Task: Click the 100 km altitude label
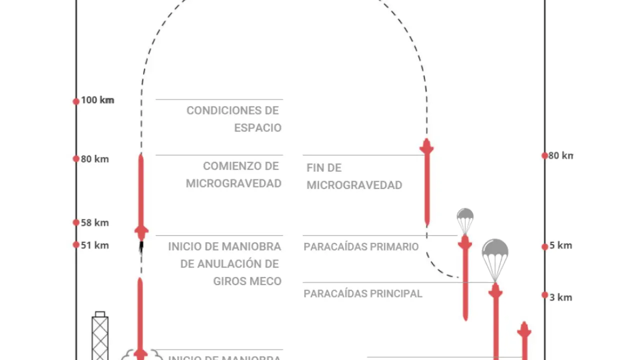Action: pos(97,100)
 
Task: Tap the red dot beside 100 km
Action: pos(76,101)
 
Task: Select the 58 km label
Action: pos(95,223)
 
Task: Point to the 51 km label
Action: pos(95,245)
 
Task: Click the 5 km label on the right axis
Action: pos(560,245)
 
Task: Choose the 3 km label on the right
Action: pos(560,297)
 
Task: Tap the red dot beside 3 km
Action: pos(545,295)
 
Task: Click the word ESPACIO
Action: pos(257,128)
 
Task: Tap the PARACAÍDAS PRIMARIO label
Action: pos(361,247)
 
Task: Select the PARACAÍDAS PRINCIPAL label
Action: pos(363,294)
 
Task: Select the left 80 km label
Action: pos(95,159)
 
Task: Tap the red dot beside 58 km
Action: pos(76,222)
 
